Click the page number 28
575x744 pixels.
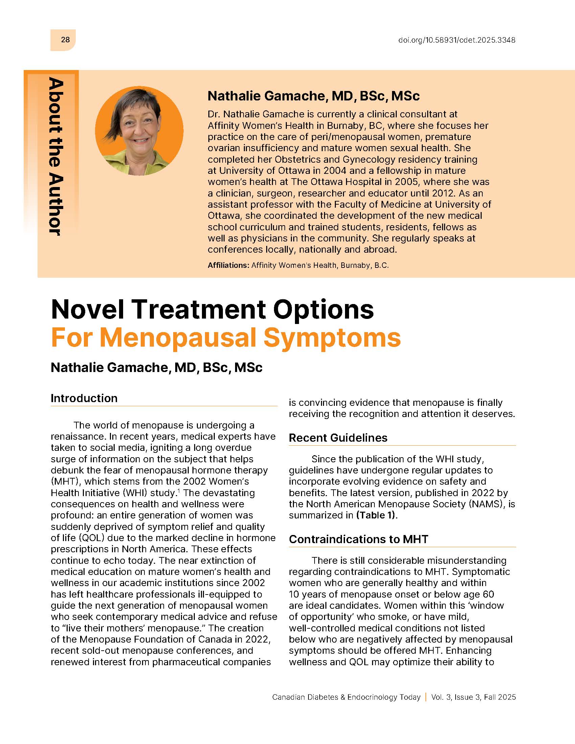click(65, 40)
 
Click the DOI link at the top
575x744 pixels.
click(457, 40)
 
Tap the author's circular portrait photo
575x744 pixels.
click(139, 131)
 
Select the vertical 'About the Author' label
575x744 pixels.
click(55, 156)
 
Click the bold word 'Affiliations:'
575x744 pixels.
click(229, 265)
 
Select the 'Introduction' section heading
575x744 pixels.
click(84, 398)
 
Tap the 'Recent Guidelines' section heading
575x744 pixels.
click(338, 438)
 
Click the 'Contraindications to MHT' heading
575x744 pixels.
click(358, 539)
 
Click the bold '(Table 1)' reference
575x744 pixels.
click(376, 515)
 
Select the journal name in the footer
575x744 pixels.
click(346, 697)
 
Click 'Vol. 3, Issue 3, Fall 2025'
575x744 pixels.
click(474, 697)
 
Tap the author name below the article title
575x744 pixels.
click(156, 368)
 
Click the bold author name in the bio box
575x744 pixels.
click(314, 96)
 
